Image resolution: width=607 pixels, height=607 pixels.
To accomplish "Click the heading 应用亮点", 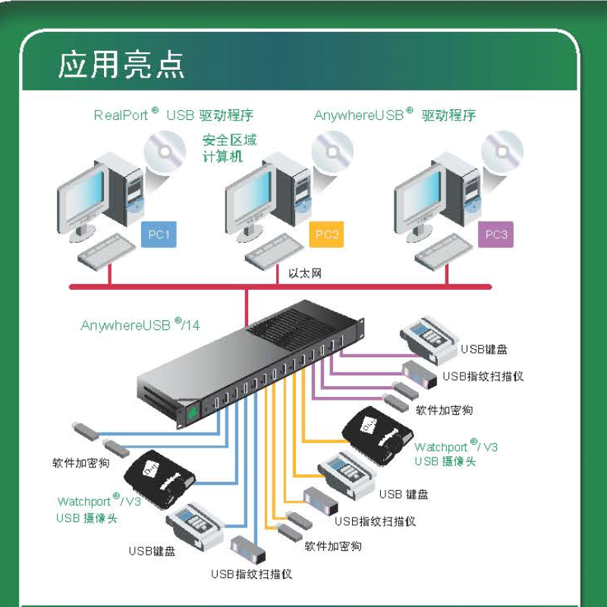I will point(121,65).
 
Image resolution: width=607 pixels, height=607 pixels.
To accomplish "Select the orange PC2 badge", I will point(327,234).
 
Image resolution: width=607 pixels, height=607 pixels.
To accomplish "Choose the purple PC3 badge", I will point(496,234).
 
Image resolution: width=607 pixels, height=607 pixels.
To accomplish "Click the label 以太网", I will point(305,273).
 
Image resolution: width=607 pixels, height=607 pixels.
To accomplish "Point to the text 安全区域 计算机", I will point(229,149).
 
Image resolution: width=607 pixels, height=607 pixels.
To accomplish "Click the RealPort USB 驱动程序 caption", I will point(173,115).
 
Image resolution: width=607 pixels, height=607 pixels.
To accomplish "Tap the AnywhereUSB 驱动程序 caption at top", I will point(395,115).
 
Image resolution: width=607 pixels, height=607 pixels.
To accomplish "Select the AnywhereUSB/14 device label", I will point(140,325).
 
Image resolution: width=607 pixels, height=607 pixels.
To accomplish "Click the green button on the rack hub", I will point(192,413).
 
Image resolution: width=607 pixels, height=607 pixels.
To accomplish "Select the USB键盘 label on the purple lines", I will point(483,349).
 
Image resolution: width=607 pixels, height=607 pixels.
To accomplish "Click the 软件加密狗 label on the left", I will point(81,462).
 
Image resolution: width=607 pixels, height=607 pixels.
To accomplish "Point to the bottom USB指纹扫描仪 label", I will point(251,574).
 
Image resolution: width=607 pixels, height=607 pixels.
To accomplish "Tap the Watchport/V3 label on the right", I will point(456,454).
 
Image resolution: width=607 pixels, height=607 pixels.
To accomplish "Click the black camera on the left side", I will point(157,477).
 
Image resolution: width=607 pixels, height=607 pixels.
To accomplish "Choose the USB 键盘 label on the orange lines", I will point(404,494).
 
